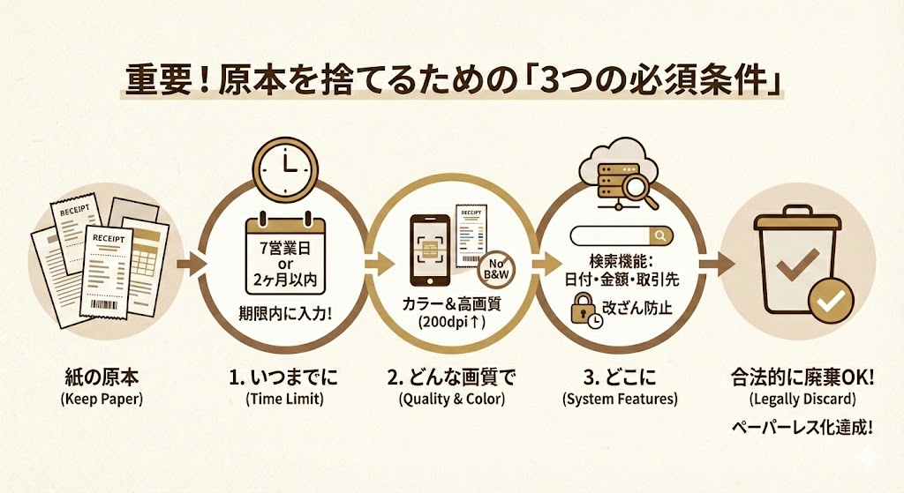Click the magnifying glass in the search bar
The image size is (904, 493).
tap(660, 235)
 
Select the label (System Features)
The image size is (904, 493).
tap(621, 400)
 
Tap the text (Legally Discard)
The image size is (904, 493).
tap(802, 400)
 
